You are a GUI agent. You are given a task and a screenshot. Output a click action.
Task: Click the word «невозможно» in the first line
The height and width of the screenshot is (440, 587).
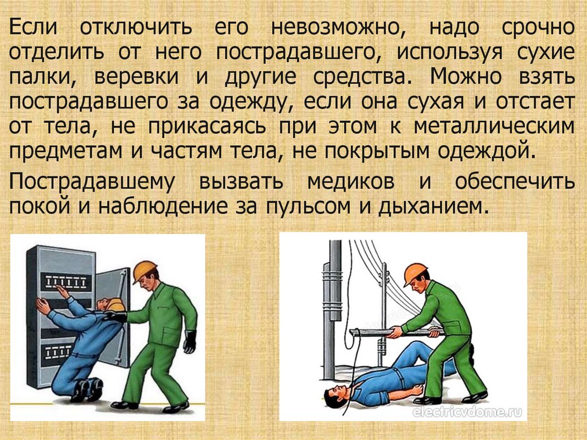coord(338,28)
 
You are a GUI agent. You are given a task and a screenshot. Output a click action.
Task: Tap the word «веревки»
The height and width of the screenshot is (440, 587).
coord(136,76)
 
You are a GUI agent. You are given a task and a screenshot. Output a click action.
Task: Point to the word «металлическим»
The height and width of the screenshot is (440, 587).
coord(494,126)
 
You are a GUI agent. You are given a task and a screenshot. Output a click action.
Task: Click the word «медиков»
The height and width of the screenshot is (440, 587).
coord(351,181)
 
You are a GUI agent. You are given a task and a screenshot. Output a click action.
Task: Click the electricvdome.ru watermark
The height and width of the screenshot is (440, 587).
coord(467,412)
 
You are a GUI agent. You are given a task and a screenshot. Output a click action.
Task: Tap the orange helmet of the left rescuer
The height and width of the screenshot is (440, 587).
coord(144,271)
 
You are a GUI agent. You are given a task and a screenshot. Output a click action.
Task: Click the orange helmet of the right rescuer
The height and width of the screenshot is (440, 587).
coord(414,273)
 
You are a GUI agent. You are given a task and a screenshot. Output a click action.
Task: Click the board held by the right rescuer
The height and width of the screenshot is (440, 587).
coord(397,332)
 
